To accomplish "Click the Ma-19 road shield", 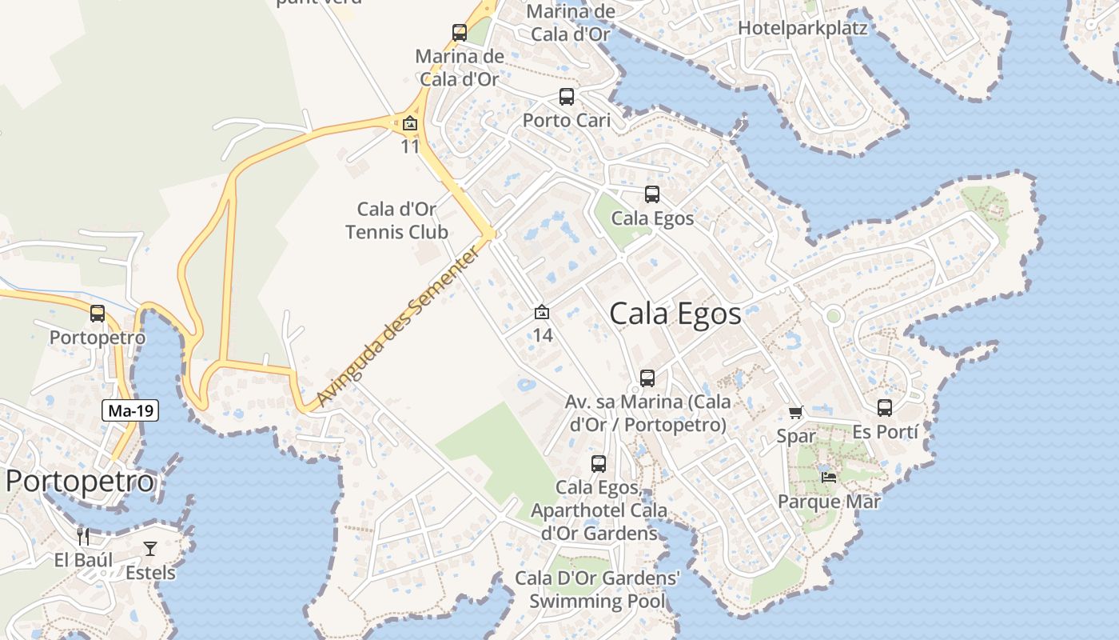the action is point(131,411).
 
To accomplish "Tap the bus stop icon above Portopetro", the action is point(98,314).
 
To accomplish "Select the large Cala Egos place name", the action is point(675,314).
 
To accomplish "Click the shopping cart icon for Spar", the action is point(795,413).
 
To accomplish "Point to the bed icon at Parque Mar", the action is point(829,478).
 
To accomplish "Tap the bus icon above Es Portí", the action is point(885,408).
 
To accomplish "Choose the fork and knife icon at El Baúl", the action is point(83,536).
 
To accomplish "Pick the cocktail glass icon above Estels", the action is point(150,548).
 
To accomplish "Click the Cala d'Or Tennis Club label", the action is point(396,221).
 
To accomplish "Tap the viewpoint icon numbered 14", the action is point(542,312).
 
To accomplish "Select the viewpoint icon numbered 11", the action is point(410,123).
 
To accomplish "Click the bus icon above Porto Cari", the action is point(567,97).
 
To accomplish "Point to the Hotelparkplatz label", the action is point(802,28).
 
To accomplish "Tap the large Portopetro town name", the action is point(79,482).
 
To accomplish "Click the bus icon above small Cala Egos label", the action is point(652,194).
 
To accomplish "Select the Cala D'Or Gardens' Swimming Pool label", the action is point(597,590).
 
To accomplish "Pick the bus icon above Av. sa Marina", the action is point(647,378).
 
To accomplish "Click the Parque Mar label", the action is point(829,502).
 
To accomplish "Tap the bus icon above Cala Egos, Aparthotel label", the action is point(599,464).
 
